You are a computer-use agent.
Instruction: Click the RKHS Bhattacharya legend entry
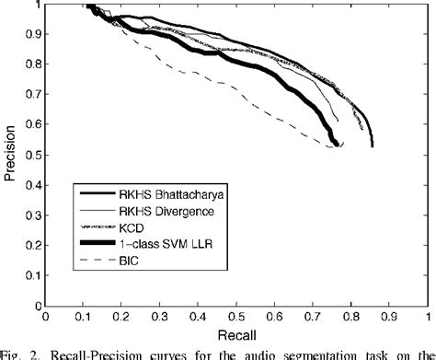[157, 195]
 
